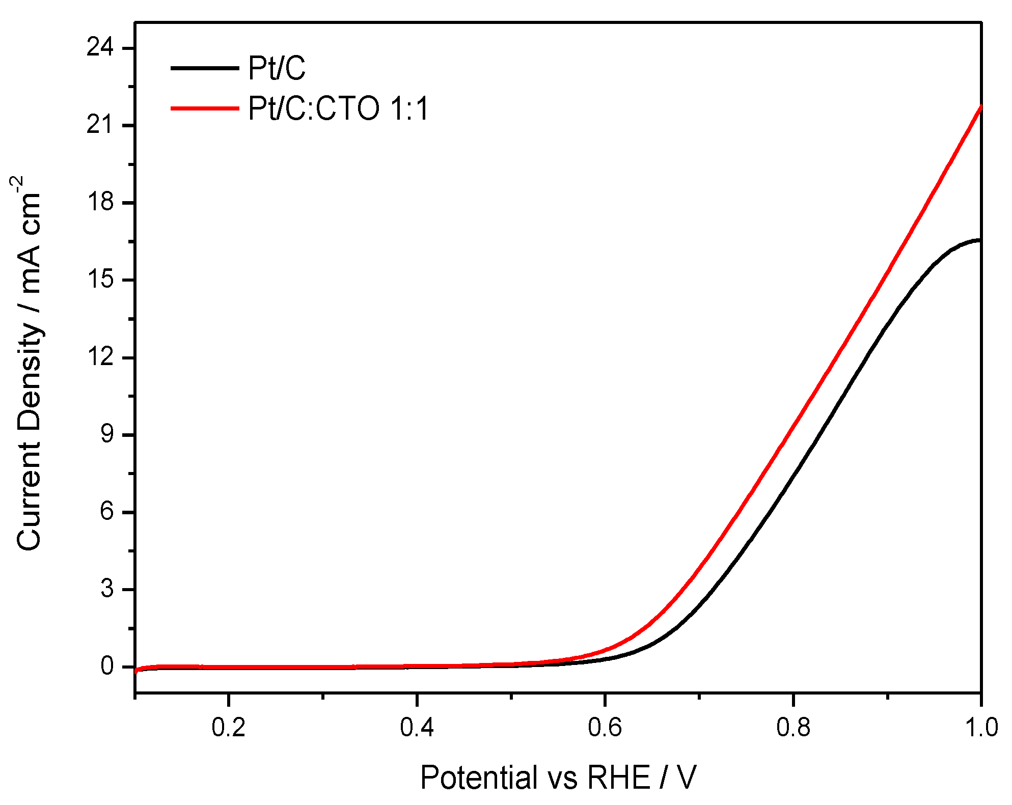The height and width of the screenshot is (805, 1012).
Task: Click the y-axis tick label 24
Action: click(100, 48)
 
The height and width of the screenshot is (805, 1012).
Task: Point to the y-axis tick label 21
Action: click(100, 125)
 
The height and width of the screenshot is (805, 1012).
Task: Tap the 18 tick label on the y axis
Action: click(100, 203)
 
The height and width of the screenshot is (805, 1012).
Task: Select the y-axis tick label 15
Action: click(100, 280)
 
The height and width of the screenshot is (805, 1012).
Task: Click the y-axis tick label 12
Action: click(100, 357)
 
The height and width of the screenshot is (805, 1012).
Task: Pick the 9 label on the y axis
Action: click(107, 435)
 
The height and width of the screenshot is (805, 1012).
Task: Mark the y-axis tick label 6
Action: click(107, 512)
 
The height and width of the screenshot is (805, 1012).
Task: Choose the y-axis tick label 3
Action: click(107, 589)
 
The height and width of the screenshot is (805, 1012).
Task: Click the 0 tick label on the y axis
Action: click(107, 667)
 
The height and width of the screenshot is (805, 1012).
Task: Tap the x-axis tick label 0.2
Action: click(229, 728)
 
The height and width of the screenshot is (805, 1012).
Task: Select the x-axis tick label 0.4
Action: click(417, 728)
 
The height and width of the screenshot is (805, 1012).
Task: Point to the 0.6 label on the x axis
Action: click(605, 728)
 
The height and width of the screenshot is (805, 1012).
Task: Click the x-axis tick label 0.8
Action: click(793, 728)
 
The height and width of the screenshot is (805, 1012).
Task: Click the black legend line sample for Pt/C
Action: click(204, 68)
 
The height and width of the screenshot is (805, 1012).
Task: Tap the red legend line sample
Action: click(204, 108)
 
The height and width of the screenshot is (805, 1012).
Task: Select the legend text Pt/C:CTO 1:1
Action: click(339, 108)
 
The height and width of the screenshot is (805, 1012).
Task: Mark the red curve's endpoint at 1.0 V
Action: click(980, 106)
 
